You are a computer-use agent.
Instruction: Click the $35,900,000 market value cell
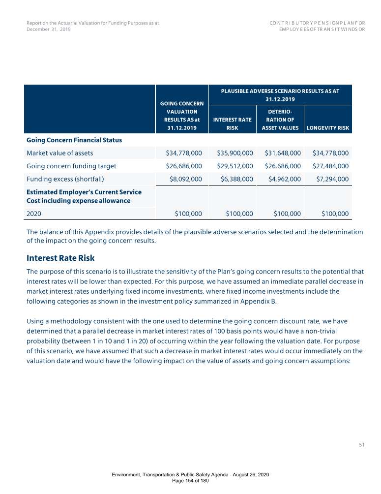pyautogui.click(x=235, y=153)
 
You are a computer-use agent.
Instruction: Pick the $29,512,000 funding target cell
pyautogui.click(x=235, y=166)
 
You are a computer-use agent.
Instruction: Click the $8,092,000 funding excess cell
pyautogui.click(x=185, y=179)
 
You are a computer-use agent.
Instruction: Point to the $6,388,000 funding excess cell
pyautogui.click(x=235, y=179)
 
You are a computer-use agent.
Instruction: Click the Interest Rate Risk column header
pyautogui.click(x=232, y=123)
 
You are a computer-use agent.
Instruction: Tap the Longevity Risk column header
pyautogui.click(x=327, y=128)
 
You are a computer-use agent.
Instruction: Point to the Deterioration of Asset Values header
pyautogui.click(x=280, y=120)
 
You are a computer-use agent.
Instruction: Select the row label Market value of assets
pyautogui.click(x=59, y=153)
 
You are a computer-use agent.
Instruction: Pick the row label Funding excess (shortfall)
pyautogui.click(x=64, y=179)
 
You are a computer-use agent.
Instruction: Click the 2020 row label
pyautogui.click(x=34, y=214)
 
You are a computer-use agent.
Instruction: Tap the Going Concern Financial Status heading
pyautogui.click(x=74, y=140)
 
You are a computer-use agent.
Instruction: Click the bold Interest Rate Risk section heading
pyautogui.click(x=60, y=258)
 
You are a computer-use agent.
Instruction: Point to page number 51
pyautogui.click(x=361, y=445)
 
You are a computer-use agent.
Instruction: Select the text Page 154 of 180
pyautogui.click(x=190, y=480)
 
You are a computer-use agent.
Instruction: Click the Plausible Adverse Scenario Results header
pyautogui.click(x=280, y=94)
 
